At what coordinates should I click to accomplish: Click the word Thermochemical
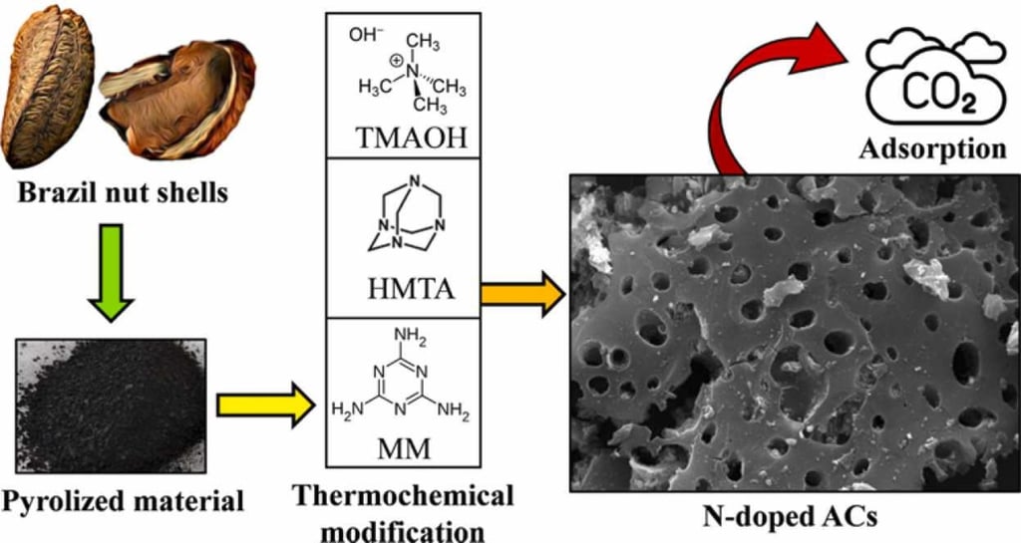tap(404, 494)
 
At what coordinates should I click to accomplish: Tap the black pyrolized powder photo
tap(112, 405)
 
